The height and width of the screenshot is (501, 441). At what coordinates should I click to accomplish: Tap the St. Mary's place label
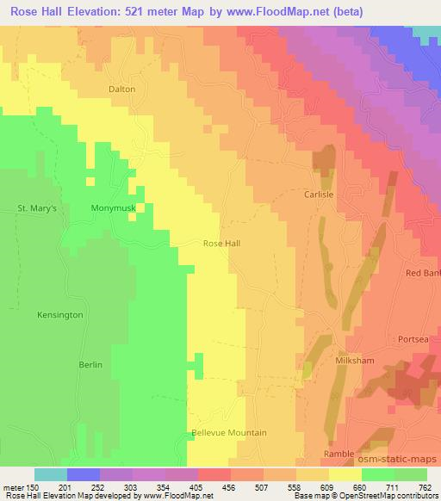[x=36, y=208]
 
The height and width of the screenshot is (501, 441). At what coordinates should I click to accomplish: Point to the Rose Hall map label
[x=221, y=244]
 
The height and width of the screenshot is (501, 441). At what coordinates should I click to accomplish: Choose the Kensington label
[x=60, y=315]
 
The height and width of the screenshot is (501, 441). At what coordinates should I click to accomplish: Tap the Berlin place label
[x=90, y=365]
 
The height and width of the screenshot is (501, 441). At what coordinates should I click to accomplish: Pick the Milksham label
[x=354, y=362]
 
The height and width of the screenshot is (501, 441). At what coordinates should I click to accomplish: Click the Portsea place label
[x=413, y=339]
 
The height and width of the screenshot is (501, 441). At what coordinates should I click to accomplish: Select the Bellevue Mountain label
[x=229, y=433]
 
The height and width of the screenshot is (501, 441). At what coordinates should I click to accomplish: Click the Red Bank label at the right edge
[x=423, y=273]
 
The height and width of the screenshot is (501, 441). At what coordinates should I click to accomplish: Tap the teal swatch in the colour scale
[x=51, y=473]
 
